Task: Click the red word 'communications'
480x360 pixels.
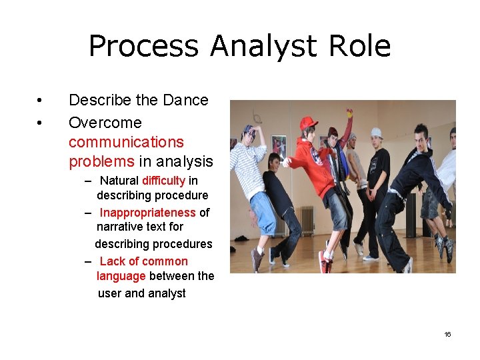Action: tap(126, 142)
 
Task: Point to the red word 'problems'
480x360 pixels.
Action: tap(101, 161)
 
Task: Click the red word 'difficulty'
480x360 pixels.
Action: tap(163, 181)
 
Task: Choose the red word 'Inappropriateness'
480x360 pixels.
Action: tap(148, 213)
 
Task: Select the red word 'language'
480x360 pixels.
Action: tap(121, 276)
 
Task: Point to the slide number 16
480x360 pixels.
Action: tap(447, 334)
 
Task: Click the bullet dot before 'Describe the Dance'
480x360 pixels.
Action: tap(41, 101)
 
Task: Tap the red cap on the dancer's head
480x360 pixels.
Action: tap(307, 123)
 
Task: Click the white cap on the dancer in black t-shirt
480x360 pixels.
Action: tap(377, 132)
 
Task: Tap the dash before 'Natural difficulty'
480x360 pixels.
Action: tap(89, 181)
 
